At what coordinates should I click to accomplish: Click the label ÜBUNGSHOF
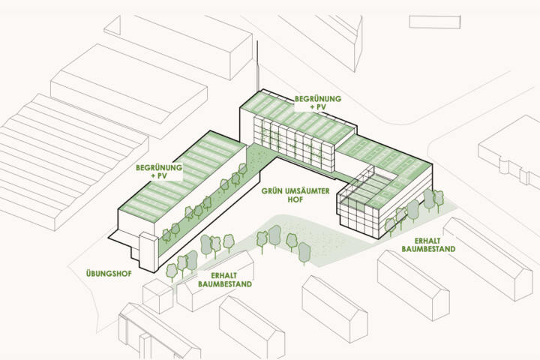[109, 274]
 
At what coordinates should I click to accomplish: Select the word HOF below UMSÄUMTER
[295, 199]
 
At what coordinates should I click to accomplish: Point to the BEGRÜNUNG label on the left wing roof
[159, 168]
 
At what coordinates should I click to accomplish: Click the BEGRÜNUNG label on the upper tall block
[318, 99]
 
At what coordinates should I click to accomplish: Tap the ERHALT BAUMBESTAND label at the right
[428, 244]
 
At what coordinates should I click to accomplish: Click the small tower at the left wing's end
[148, 252]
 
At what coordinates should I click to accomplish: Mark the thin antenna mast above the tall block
[257, 65]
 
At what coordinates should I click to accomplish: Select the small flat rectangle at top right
[434, 22]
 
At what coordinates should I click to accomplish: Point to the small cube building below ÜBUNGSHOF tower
[157, 295]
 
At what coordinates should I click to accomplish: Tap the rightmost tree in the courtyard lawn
[304, 253]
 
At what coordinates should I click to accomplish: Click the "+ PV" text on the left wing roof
[159, 175]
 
